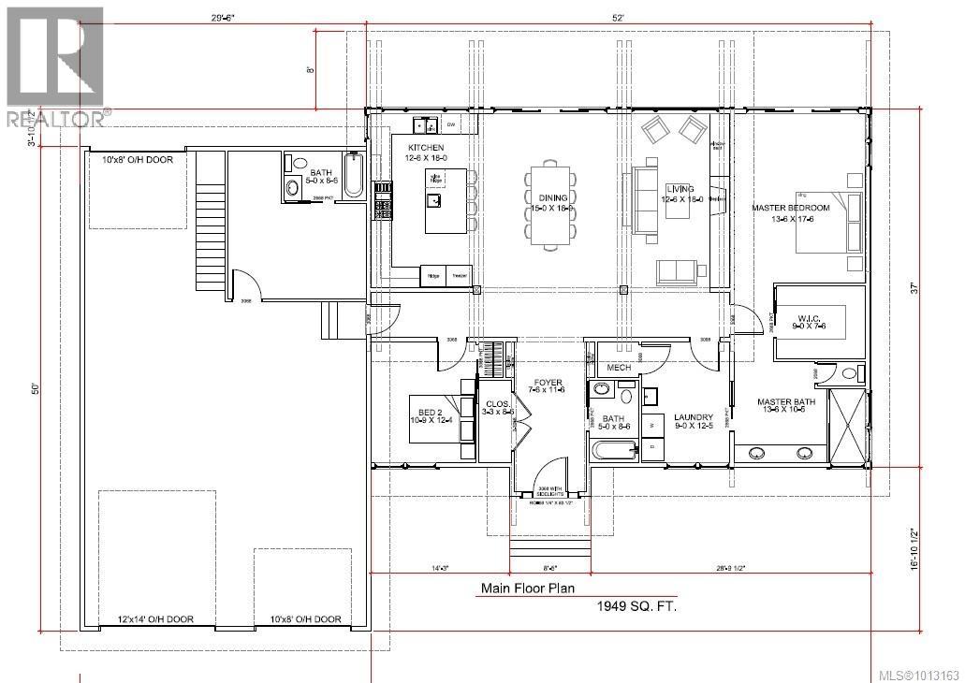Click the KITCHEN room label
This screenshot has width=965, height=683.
tap(424, 149)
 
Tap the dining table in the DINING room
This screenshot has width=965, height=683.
tap(548, 208)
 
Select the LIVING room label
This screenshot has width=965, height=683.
tap(680, 190)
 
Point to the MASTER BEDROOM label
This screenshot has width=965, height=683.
tap(791, 207)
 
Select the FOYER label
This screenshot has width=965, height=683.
tap(548, 383)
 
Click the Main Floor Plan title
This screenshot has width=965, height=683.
tap(528, 589)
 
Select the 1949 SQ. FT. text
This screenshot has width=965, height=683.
tap(636, 606)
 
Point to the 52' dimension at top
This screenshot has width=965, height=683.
tap(618, 17)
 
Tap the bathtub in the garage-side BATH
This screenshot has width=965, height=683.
tap(354, 177)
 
